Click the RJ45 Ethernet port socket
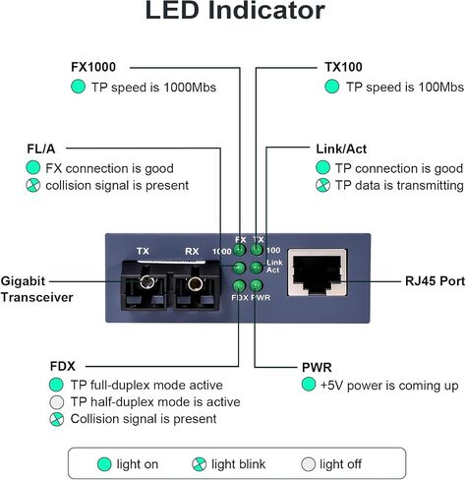pos(318,272)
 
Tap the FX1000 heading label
pos(93,67)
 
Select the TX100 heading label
pos(343,67)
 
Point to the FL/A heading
pos(41,149)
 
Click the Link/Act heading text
pos(341,149)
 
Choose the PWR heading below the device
pos(317,367)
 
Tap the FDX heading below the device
pos(63,366)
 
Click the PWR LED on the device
pos(256,285)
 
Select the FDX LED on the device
pos(239,285)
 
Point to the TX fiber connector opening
pos(146,281)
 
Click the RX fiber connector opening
pos(195,283)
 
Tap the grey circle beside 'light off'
pos(308,464)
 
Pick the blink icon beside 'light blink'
pos(199,464)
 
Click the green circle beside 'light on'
pos(104,464)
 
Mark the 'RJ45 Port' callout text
pos(435,281)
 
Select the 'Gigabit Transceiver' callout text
pos(36,289)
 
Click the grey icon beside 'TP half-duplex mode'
pos(56,402)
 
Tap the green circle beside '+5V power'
pos(309,385)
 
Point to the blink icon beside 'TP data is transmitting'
pos(322,185)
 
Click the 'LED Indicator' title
pos(235,11)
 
